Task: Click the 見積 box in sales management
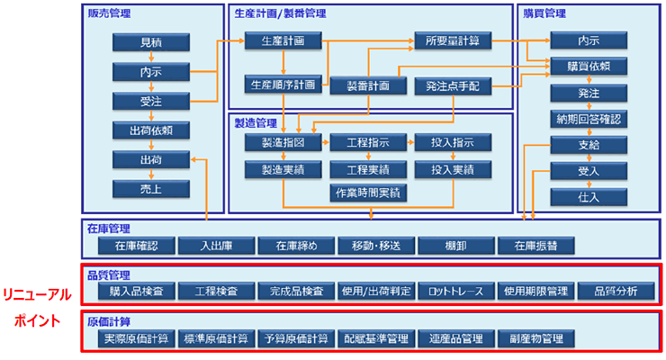click(x=150, y=42)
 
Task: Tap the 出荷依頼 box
click(x=150, y=130)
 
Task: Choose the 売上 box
click(x=150, y=189)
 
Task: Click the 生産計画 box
click(x=283, y=40)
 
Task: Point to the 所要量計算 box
click(x=453, y=40)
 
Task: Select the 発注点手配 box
click(x=453, y=86)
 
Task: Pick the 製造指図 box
click(x=283, y=143)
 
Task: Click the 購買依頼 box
click(x=589, y=66)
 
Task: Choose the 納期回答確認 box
click(x=589, y=118)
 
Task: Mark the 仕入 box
click(x=589, y=196)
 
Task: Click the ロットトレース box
click(x=455, y=291)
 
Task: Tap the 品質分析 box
click(x=616, y=291)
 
